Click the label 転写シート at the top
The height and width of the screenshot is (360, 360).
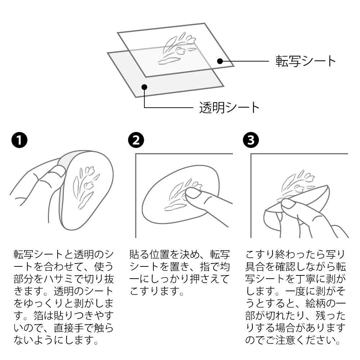pyautogui.click(x=306, y=61)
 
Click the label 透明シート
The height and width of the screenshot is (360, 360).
pyautogui.click(x=229, y=107)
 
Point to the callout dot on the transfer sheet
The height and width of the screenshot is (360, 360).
pyautogui.click(x=220, y=61)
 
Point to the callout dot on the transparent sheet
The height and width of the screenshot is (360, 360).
pyautogui.click(x=144, y=86)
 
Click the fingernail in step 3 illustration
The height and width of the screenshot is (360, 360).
pyautogui.click(x=288, y=204)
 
